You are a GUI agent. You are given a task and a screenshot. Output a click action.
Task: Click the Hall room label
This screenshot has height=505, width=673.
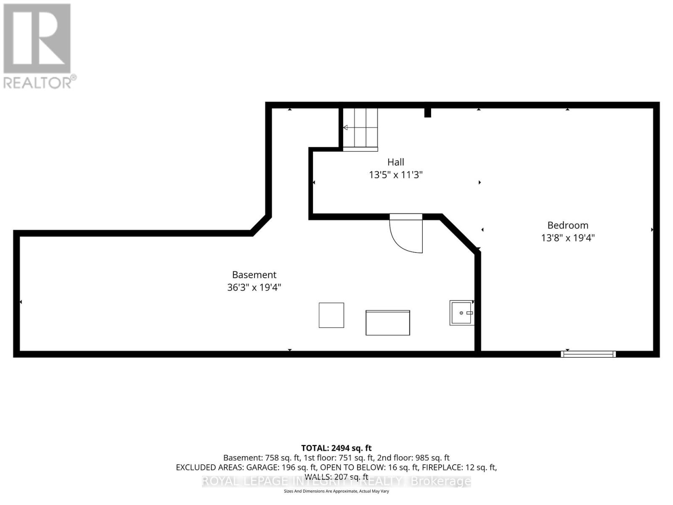395,162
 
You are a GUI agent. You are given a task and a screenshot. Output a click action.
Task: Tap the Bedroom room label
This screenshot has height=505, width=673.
567,225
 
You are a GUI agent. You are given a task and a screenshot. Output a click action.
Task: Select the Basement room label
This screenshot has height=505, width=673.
254,275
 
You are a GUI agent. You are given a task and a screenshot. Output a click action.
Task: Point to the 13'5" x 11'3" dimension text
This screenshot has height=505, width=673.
395,175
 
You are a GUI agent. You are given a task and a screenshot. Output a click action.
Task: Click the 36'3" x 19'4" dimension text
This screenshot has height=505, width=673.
254,287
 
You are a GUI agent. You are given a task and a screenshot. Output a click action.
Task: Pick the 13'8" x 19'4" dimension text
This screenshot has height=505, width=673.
567,238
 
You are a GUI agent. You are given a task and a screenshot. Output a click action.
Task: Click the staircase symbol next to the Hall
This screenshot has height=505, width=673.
360,128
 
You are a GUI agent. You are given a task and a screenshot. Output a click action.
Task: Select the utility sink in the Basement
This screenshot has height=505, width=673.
461,313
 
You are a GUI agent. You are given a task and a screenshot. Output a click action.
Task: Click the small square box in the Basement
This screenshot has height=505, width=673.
331,315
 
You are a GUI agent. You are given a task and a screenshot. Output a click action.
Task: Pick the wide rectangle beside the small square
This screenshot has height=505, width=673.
387,323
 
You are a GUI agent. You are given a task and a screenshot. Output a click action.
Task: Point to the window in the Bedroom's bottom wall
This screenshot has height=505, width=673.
588,354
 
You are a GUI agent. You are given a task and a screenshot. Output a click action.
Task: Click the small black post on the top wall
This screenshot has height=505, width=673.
427,112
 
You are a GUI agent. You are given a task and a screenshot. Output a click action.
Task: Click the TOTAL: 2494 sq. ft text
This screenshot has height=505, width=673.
336,448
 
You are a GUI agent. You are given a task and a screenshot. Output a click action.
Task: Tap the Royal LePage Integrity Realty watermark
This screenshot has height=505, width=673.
336,481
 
